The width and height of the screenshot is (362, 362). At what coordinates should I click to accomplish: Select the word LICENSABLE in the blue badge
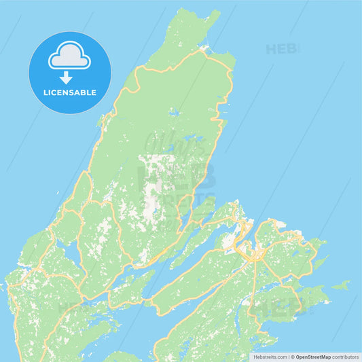[x=70, y=92]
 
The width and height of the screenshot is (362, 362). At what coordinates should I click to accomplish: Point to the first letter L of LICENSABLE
[x=45, y=92]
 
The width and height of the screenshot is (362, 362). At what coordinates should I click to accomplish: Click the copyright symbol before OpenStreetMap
[x=293, y=357]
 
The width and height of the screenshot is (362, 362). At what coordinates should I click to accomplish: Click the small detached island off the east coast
[x=342, y=285]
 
